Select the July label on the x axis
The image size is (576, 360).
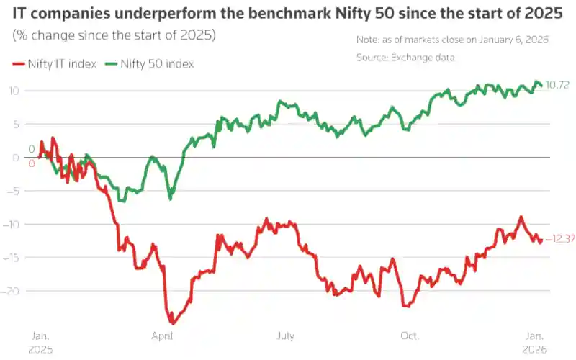pyautogui.click(x=286, y=336)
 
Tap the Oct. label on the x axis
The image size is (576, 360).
pyautogui.click(x=410, y=336)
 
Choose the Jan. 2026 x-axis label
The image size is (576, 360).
pyautogui.click(x=535, y=341)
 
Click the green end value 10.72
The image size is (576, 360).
pyautogui.click(x=559, y=85)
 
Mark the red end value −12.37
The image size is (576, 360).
pyautogui.click(x=559, y=239)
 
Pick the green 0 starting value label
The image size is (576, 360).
pyautogui.click(x=31, y=150)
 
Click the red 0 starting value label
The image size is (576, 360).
pyautogui.click(x=31, y=163)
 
